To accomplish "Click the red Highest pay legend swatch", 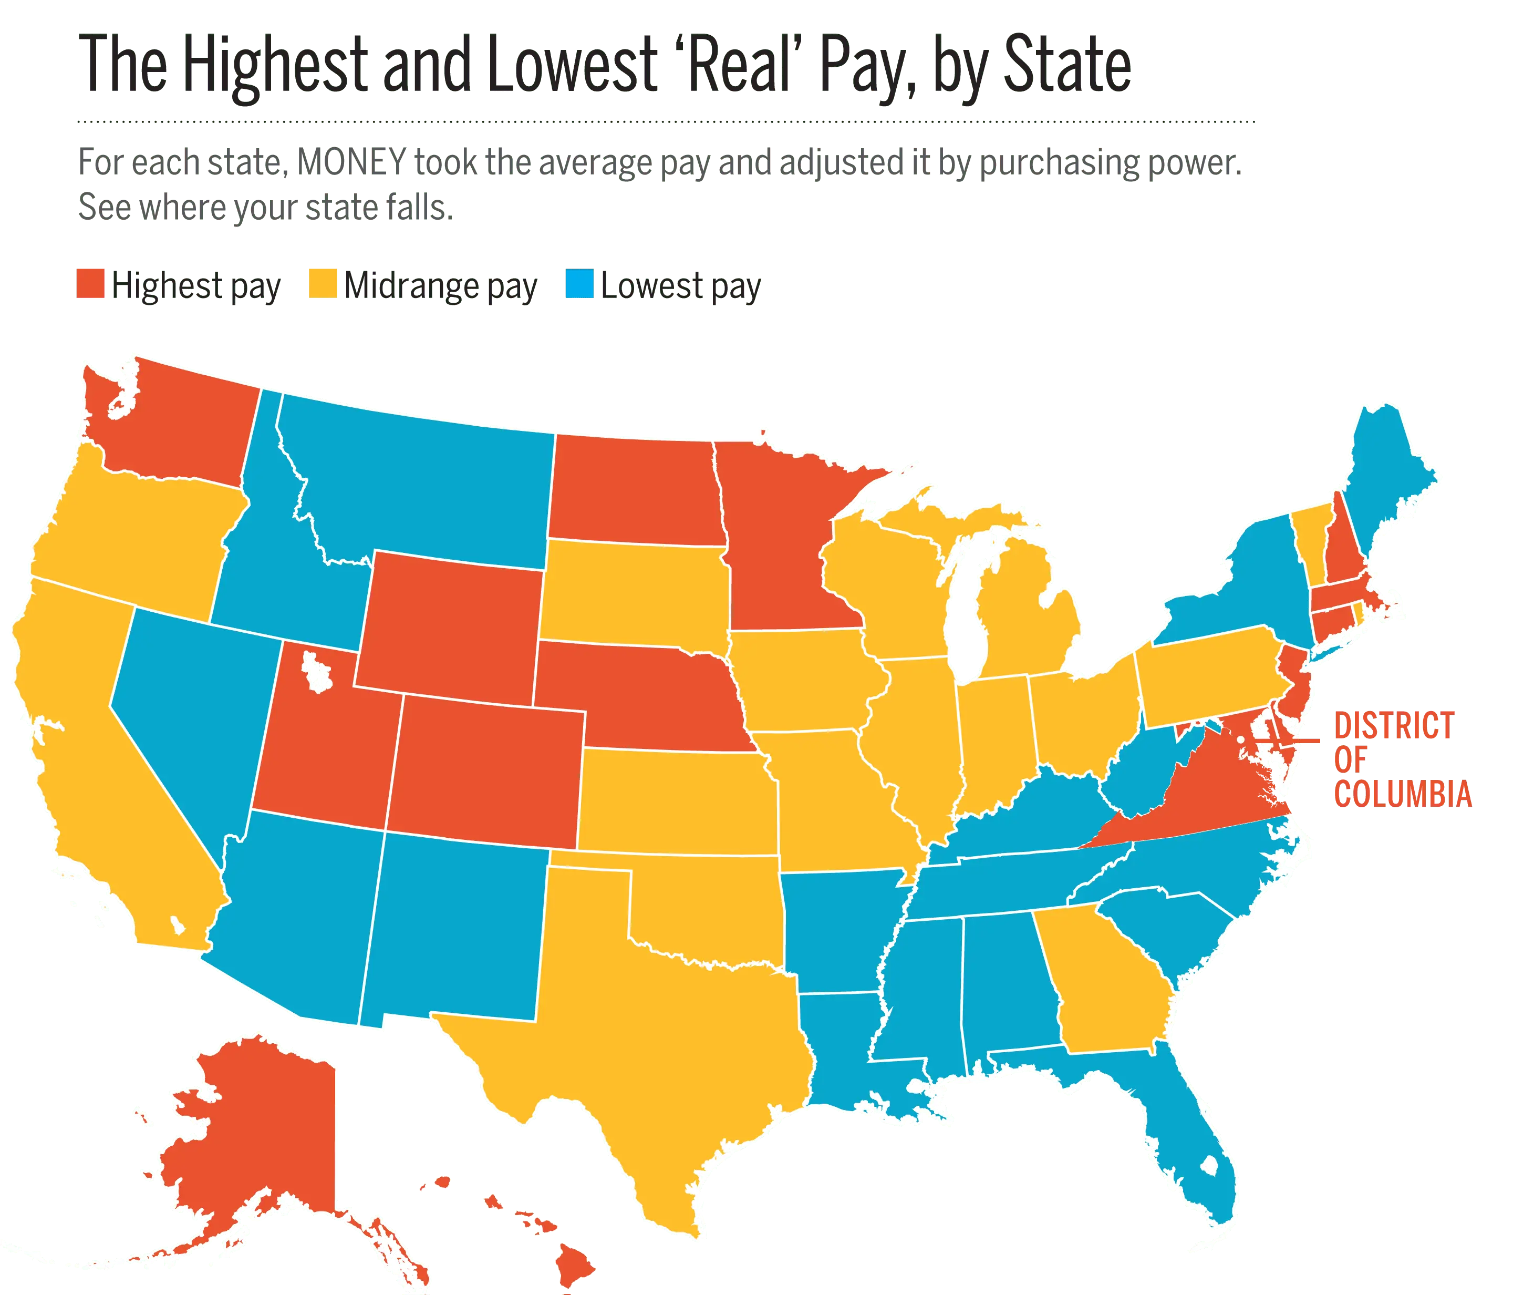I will [90, 283].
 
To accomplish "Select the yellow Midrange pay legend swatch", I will [323, 283].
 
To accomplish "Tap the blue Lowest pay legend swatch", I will [579, 283].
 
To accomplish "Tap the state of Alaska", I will [255, 1139].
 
